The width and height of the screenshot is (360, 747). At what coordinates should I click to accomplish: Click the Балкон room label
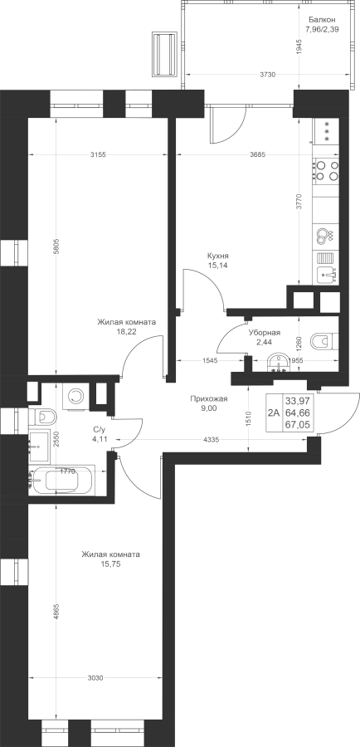click(x=323, y=20)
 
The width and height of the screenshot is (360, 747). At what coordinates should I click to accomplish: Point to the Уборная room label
click(x=265, y=334)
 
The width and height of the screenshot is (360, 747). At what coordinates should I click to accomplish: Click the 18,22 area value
click(x=126, y=331)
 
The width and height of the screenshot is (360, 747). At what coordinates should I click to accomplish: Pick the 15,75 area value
click(x=110, y=564)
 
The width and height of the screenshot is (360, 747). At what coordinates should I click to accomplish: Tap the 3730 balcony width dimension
click(x=269, y=75)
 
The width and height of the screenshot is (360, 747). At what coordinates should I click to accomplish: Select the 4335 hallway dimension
click(x=211, y=440)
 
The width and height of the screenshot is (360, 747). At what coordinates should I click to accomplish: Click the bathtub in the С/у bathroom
click(x=61, y=481)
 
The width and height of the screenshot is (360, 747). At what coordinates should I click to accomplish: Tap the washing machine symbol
click(x=75, y=395)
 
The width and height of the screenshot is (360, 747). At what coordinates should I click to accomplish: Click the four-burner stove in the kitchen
click(x=327, y=170)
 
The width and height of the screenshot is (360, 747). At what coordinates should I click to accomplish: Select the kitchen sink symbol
click(x=327, y=274)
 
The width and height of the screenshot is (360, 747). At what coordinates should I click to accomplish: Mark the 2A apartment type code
click(x=274, y=413)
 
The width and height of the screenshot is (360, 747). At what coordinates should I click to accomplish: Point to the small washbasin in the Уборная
click(x=276, y=364)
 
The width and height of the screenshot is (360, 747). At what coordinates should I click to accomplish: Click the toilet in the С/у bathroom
click(x=42, y=417)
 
